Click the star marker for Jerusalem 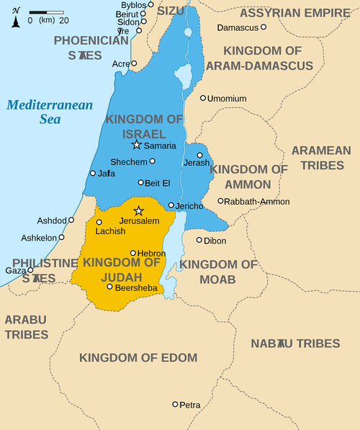(139, 210)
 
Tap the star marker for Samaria (137, 145)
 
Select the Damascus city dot (264, 27)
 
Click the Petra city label (190, 406)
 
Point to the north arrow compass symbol (16, 17)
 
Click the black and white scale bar (47, 12)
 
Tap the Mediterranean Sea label (50, 112)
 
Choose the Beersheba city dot (109, 287)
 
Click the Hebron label (152, 254)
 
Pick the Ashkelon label (39, 238)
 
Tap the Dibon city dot (199, 240)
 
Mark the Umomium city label (227, 99)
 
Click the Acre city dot (134, 63)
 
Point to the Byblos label (133, 5)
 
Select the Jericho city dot (171, 205)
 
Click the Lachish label (110, 231)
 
